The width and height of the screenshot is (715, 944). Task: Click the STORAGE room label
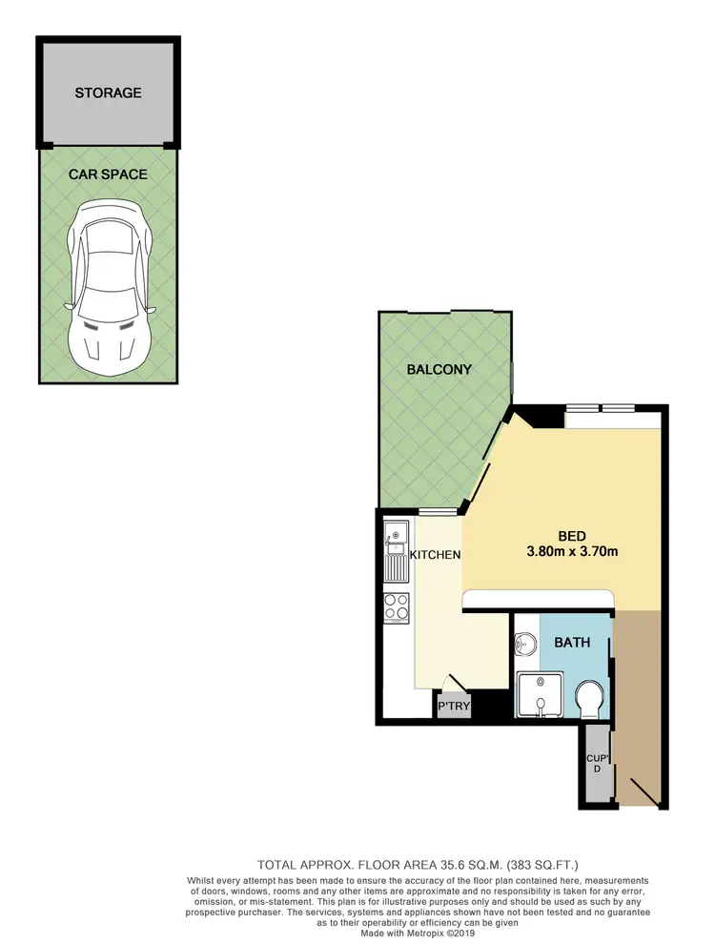[109, 92]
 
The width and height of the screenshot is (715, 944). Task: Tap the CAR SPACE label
[108, 174]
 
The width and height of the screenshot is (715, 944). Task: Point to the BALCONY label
[439, 369]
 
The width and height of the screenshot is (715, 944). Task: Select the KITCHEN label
[435, 554]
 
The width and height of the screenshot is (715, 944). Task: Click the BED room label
[572, 535]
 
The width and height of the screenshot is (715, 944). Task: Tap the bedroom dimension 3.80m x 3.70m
[572, 551]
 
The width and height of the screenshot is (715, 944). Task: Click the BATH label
[573, 643]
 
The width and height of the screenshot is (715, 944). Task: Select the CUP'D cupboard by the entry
[596, 763]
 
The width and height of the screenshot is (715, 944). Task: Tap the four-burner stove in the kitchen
[396, 606]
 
